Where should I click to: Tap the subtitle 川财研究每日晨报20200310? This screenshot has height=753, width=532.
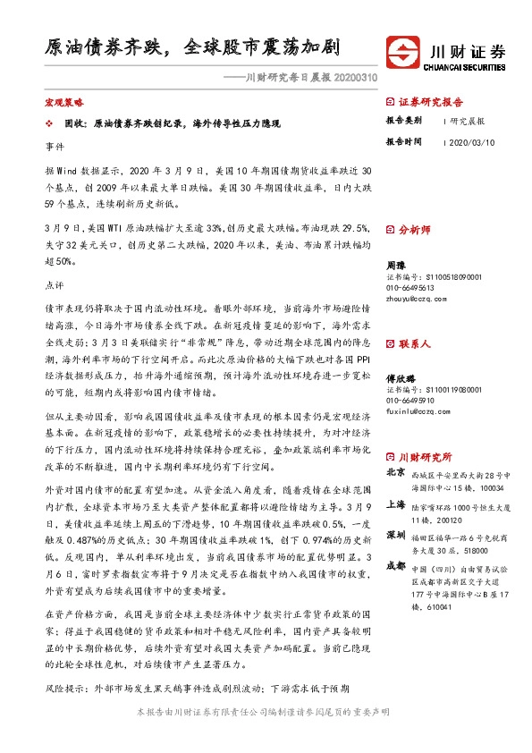(x=300, y=78)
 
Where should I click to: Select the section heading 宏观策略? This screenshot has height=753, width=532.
(x=63, y=104)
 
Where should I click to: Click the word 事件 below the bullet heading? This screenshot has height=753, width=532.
(x=54, y=144)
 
